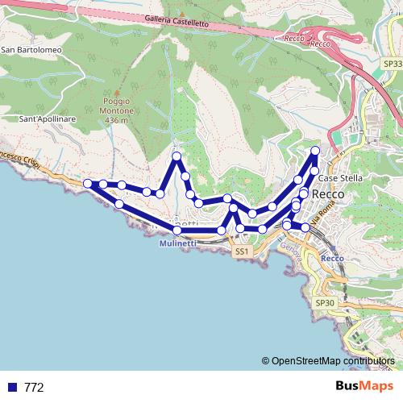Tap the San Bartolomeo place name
[x=32, y=50]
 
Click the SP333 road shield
[x=392, y=62]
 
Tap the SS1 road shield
[x=241, y=252]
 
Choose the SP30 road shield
[x=324, y=302]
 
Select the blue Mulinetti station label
[x=177, y=243]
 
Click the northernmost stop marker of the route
[x=315, y=151]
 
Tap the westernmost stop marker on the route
[x=88, y=184]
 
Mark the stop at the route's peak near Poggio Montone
[x=177, y=155]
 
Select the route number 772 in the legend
[x=34, y=387]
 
